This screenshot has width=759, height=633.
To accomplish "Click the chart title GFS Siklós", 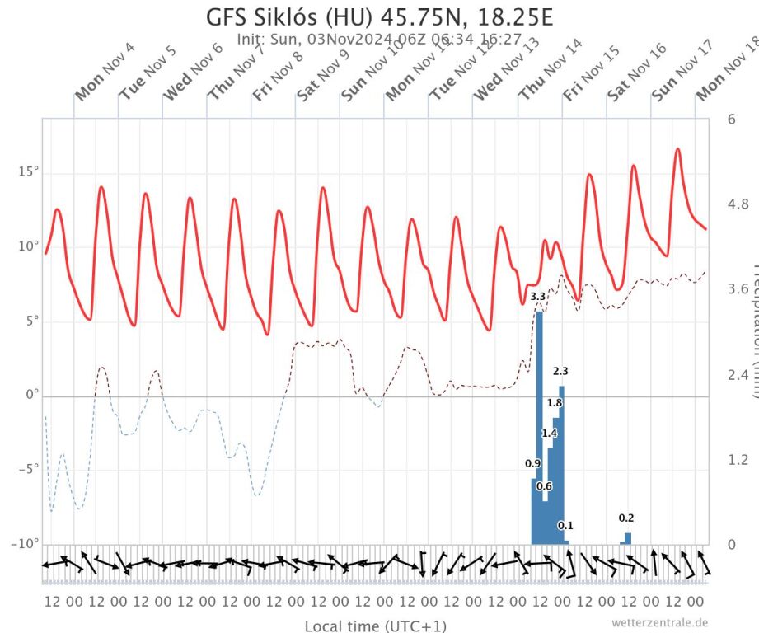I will [x=379, y=16].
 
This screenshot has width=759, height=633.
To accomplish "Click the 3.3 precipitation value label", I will [x=537, y=296].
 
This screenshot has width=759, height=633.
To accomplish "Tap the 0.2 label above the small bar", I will [x=626, y=518].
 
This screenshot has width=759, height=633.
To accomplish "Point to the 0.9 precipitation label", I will [x=533, y=464].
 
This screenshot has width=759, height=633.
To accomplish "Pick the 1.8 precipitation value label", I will [x=555, y=403].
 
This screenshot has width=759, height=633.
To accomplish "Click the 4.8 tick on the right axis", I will [x=737, y=204].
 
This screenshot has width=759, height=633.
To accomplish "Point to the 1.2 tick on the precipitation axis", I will [x=737, y=459].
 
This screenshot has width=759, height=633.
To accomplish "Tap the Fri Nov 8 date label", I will [x=277, y=73].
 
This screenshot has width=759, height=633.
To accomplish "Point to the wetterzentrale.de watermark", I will [x=659, y=622].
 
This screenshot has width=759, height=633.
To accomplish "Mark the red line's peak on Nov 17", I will [x=677, y=149].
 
